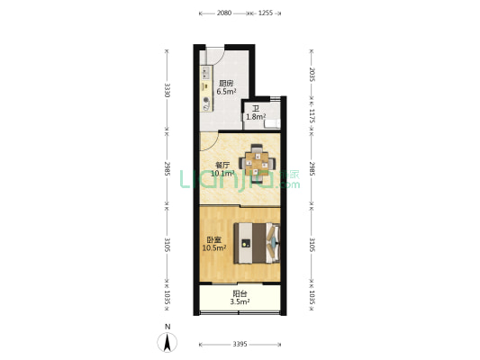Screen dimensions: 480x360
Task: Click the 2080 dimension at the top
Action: coord(224,13)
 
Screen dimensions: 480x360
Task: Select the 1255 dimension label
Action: coord(266,13)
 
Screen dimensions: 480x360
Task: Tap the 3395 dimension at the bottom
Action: coord(240,344)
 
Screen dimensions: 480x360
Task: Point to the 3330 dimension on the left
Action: coord(168,90)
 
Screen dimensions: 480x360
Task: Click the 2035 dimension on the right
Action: coord(312,75)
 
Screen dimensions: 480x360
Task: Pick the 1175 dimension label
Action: coord(312,116)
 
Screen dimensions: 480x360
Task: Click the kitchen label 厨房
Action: coord(226,83)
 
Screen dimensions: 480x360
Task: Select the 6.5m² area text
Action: coord(226,91)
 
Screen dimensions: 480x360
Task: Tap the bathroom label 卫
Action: coord(256,109)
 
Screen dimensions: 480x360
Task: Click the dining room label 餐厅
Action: coord(222,166)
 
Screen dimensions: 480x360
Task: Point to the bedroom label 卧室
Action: coord(214,240)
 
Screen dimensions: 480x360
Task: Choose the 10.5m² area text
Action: coord(214,248)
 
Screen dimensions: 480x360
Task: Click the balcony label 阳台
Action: coord(240,294)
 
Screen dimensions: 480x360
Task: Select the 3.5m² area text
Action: coord(240,301)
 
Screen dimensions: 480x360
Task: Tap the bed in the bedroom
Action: coord(257,243)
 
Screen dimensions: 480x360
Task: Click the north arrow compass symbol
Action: coord(168,342)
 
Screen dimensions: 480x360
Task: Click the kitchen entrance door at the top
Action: coord(215,57)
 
